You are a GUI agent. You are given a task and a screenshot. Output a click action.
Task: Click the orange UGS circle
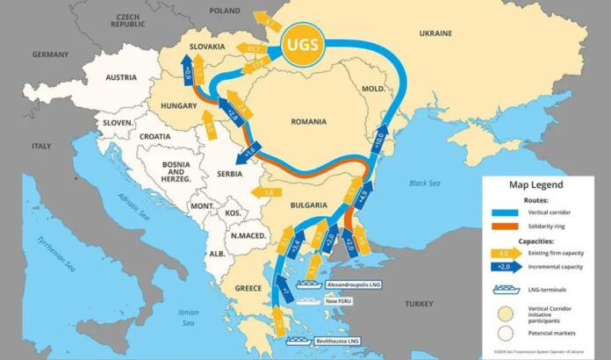coord(302,43)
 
